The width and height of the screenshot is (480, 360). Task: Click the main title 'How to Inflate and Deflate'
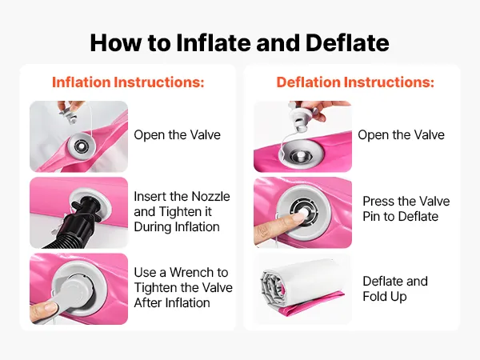click(239, 42)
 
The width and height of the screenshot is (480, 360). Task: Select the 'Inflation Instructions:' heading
click(128, 82)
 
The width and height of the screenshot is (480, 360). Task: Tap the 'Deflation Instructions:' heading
click(355, 82)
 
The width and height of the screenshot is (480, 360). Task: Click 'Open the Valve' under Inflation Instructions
click(178, 135)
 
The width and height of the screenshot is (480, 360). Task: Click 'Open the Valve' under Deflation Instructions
click(401, 135)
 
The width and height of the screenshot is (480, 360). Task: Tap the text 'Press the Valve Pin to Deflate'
click(406, 209)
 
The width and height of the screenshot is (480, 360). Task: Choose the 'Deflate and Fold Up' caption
click(395, 289)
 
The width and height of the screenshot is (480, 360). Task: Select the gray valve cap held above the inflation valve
click(69, 114)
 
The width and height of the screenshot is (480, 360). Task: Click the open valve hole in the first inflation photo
click(80, 146)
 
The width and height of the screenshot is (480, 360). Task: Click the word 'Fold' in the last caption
click(374, 296)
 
